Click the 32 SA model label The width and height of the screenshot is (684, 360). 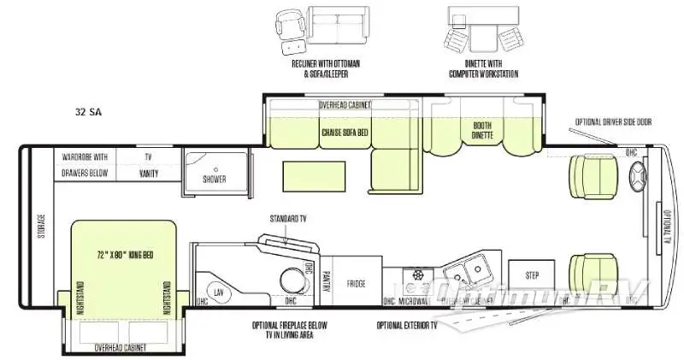click(88, 112)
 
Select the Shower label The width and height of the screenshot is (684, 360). click(215, 180)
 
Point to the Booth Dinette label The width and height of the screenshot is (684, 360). click(483, 130)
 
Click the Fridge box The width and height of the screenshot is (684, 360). click(356, 283)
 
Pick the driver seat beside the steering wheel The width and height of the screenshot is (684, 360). click(592, 175)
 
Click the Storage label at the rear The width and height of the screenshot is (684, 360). click(36, 225)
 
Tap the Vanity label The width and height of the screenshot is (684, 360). click(148, 173)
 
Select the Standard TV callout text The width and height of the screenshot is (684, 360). click(287, 219)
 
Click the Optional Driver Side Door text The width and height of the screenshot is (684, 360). click(614, 122)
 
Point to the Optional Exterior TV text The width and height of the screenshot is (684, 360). click(406, 326)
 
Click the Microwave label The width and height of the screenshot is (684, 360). click(413, 301)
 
